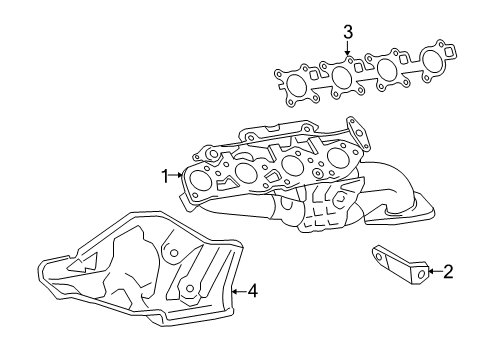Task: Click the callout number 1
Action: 165,177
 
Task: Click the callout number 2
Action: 449,270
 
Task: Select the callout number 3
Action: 348,32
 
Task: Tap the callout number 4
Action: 252,291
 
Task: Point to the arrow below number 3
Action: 348,50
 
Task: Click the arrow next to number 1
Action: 178,177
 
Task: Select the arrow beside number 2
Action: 434,270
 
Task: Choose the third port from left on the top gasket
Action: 389,69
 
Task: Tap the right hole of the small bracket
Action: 423,270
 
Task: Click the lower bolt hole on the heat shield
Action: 187,291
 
